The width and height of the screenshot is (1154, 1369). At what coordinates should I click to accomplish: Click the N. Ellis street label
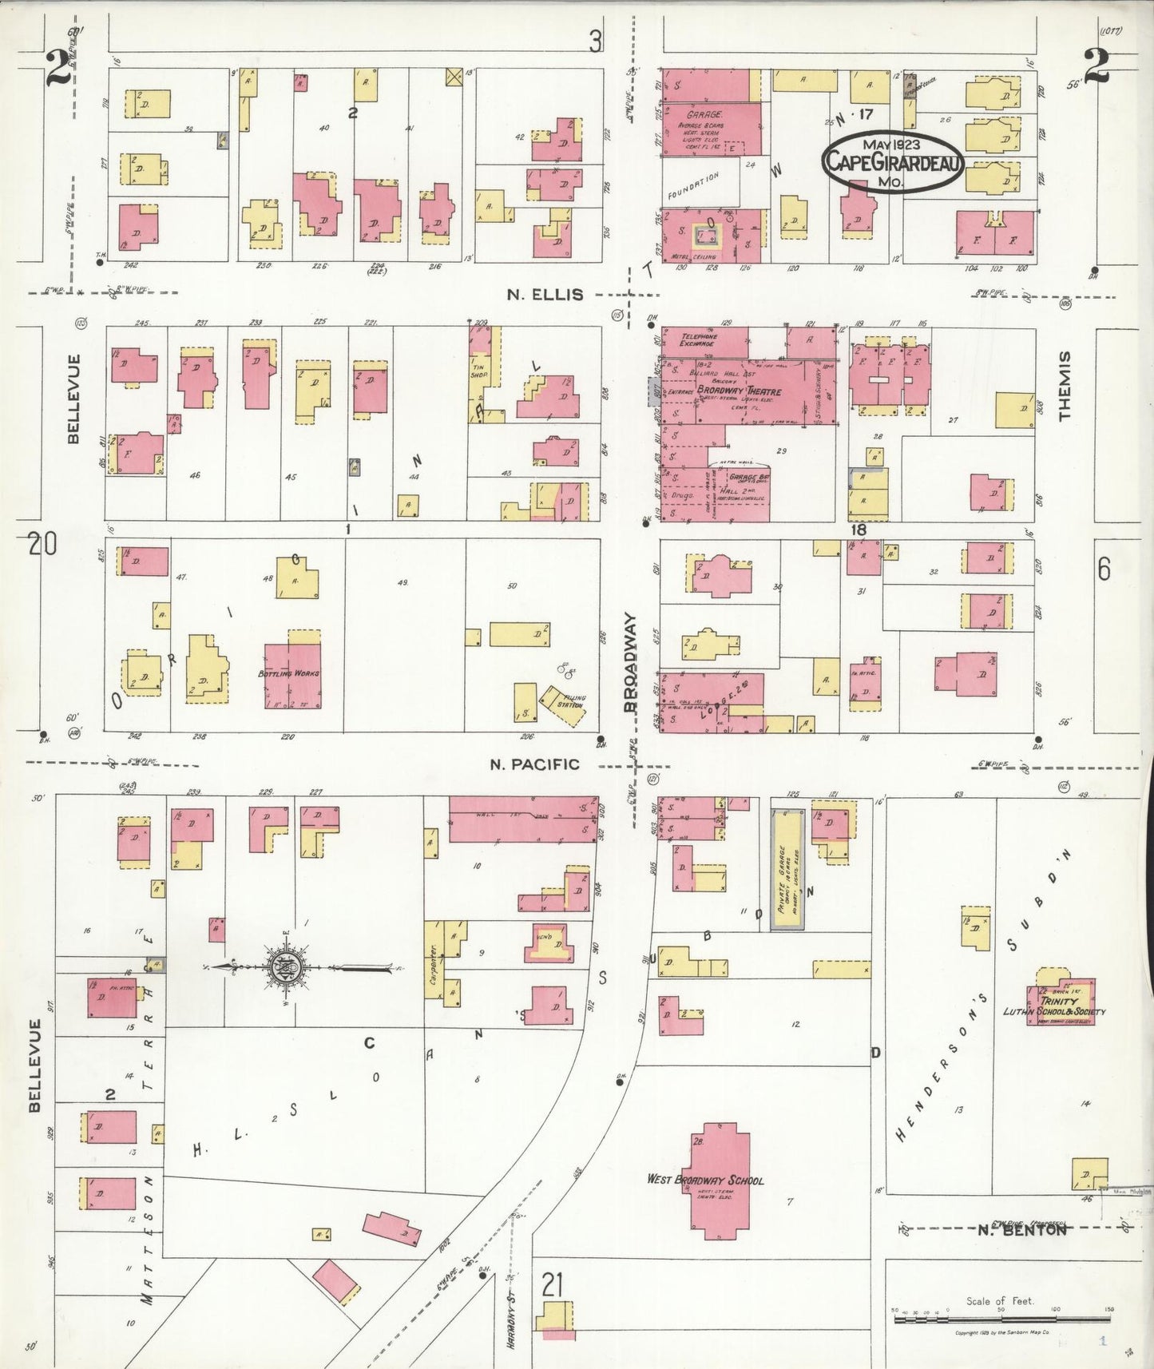(x=545, y=295)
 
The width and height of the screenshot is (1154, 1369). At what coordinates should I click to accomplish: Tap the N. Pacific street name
(x=534, y=764)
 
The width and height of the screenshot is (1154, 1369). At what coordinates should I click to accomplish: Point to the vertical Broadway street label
(x=630, y=662)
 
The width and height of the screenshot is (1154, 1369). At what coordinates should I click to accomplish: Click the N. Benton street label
(x=1022, y=1230)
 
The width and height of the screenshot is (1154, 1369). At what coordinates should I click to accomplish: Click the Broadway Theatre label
(x=738, y=391)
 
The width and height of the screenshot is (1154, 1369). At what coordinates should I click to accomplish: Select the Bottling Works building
(x=291, y=673)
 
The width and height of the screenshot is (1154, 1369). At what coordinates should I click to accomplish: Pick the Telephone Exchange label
(x=698, y=340)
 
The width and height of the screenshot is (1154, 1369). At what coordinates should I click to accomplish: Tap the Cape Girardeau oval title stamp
(x=893, y=161)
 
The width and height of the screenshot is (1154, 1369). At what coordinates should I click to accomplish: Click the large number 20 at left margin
(x=42, y=545)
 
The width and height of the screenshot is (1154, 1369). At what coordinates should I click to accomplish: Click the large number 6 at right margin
(x=1103, y=569)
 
